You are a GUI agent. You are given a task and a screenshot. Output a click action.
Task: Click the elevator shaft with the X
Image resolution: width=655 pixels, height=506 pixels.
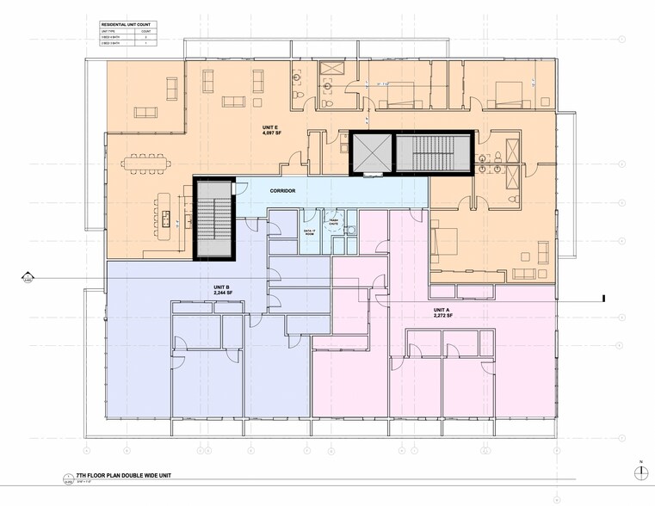[x=370, y=154]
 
